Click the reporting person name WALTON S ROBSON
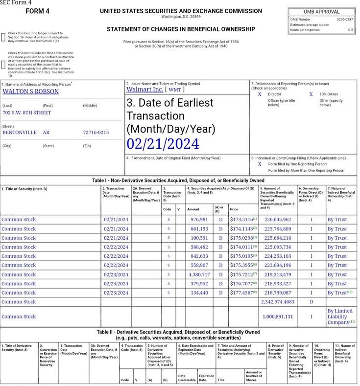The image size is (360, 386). click(30, 91)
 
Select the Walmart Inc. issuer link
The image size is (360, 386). click(144, 90)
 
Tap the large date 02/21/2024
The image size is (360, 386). click(163, 144)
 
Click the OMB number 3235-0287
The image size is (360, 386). click(344, 19)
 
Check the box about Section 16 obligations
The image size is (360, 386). click(4, 37)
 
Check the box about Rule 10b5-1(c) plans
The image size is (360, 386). click(4, 65)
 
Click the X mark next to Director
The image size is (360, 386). click(260, 94)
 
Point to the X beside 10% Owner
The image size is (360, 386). click(311, 94)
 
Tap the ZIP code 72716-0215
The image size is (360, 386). click(96, 132)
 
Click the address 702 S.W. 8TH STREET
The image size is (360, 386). click(27, 113)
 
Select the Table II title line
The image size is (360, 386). click(178, 332)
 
